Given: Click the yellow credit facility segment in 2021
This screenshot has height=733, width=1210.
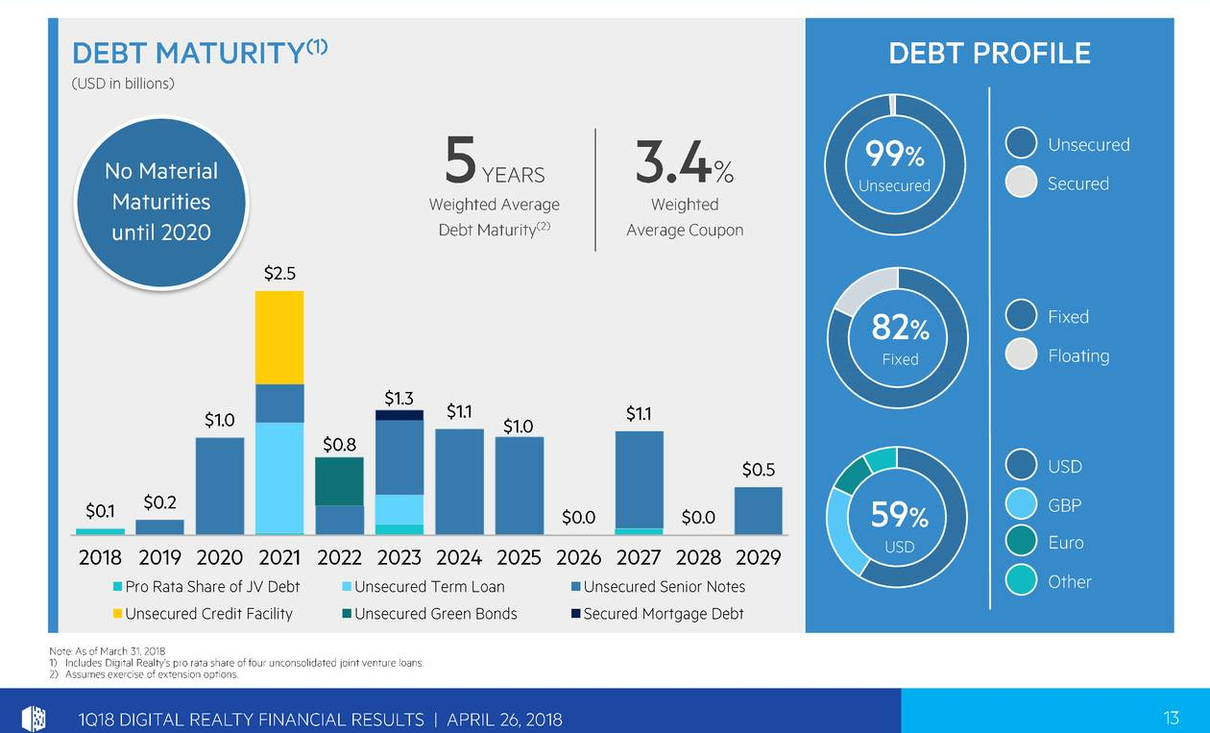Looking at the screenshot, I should click(x=279, y=337).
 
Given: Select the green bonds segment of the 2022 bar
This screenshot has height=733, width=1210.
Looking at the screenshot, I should click(x=339, y=481).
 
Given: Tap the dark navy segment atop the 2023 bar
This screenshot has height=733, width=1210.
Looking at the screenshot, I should click(x=399, y=415).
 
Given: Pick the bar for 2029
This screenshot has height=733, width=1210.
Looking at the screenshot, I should click(x=758, y=510).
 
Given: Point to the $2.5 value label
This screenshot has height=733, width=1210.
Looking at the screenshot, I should click(x=279, y=274).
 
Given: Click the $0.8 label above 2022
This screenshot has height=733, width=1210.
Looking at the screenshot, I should click(x=339, y=444).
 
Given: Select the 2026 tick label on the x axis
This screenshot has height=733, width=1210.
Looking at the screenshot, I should click(x=578, y=557).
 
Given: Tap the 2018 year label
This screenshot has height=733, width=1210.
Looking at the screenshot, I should click(x=100, y=557).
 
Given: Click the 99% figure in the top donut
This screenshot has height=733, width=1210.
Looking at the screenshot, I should click(x=894, y=154).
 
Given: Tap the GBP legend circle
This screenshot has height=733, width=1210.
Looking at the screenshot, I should click(x=1021, y=504).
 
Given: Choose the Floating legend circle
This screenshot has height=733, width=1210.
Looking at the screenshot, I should click(x=1021, y=355).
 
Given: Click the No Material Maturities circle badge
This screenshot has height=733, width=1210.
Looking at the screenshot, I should click(x=161, y=202).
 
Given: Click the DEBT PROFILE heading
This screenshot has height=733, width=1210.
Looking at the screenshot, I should click(x=989, y=53).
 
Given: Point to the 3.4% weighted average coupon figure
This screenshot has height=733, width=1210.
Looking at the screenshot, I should click(x=684, y=162).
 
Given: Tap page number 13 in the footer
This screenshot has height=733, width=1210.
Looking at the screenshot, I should click(x=1170, y=718).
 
